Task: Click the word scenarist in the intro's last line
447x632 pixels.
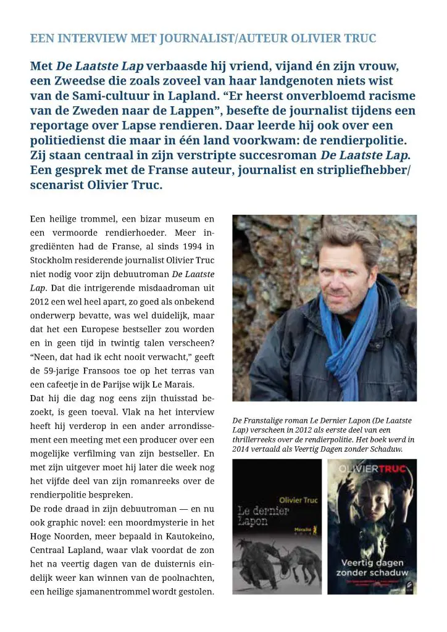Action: [x=60, y=185]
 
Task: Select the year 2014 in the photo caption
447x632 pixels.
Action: [x=242, y=449]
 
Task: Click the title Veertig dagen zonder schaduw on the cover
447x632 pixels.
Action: [x=372, y=568]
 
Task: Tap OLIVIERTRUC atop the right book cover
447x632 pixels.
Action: [x=372, y=471]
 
